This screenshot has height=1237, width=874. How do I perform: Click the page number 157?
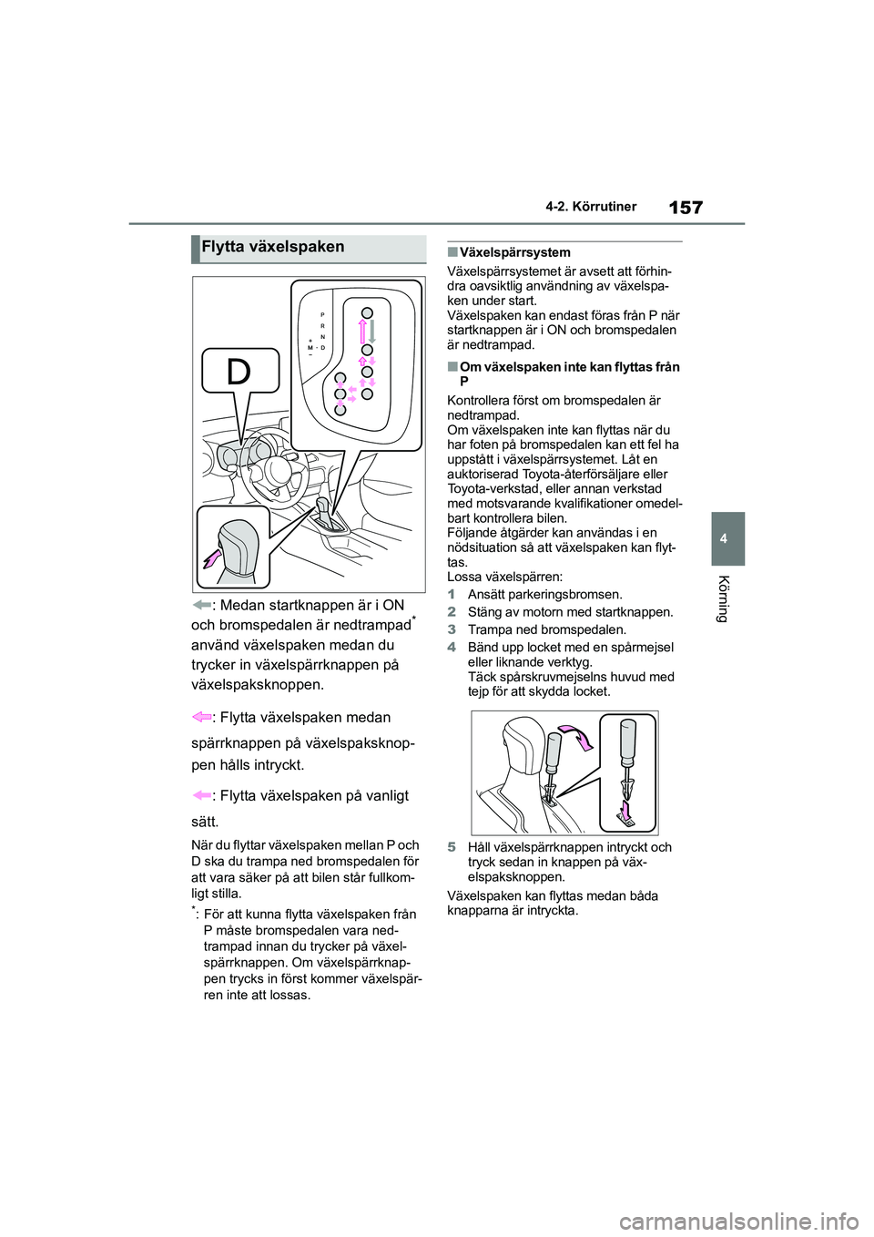[x=686, y=208]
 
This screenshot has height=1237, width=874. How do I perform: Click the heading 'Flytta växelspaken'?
[x=273, y=247]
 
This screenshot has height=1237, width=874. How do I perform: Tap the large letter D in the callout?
[x=239, y=372]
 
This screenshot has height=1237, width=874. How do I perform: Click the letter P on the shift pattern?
[x=322, y=312]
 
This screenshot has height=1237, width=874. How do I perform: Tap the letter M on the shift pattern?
[x=310, y=348]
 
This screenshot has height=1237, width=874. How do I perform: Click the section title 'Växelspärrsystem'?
[x=515, y=252]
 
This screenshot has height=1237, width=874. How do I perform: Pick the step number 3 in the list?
[x=452, y=629]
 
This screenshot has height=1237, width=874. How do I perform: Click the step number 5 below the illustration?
[x=452, y=847]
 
